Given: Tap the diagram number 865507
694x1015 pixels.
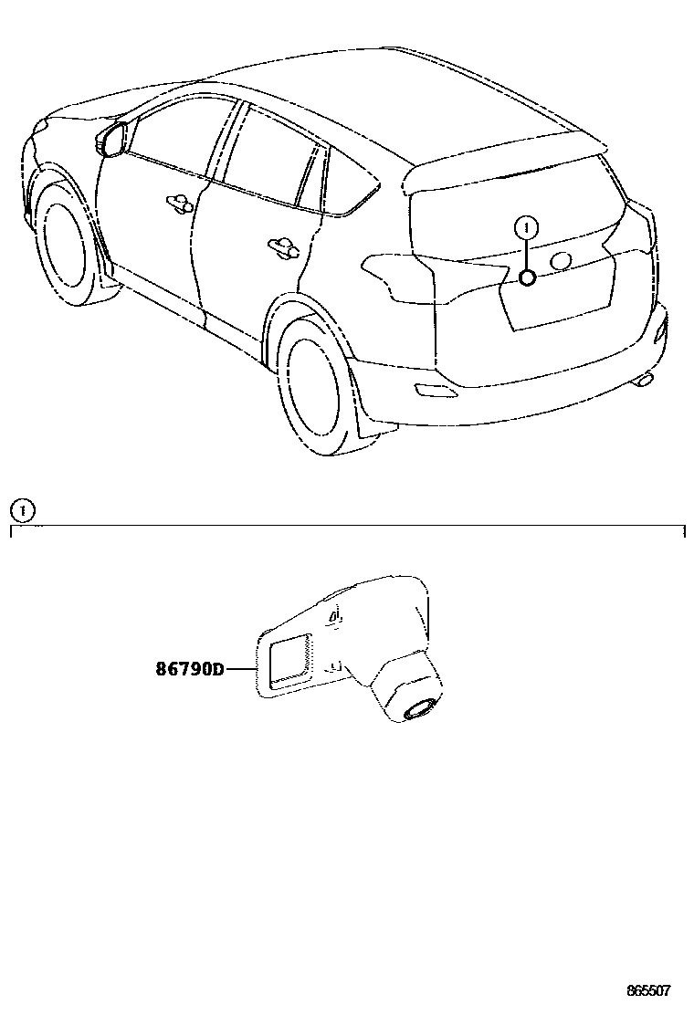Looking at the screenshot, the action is [648, 990].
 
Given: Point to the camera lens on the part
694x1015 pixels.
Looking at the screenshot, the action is [420, 709].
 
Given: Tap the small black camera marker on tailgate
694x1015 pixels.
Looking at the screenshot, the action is [526, 277].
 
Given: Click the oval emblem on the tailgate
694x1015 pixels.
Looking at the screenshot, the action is [562, 261].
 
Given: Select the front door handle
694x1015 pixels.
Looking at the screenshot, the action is [178, 201].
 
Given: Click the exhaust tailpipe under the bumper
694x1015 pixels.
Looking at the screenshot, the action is [647, 377].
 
